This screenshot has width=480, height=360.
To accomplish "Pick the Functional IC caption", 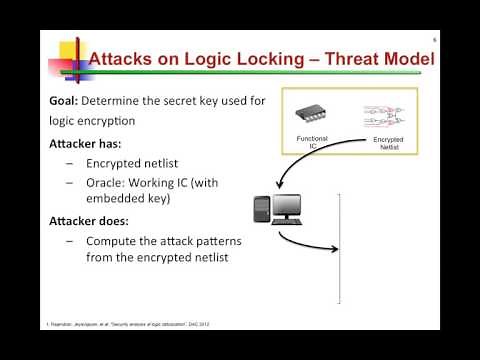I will (312, 141).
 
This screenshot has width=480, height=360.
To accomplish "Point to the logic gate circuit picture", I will (389, 115).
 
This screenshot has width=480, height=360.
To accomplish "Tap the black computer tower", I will (261, 208).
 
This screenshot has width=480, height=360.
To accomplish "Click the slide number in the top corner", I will (434, 40).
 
